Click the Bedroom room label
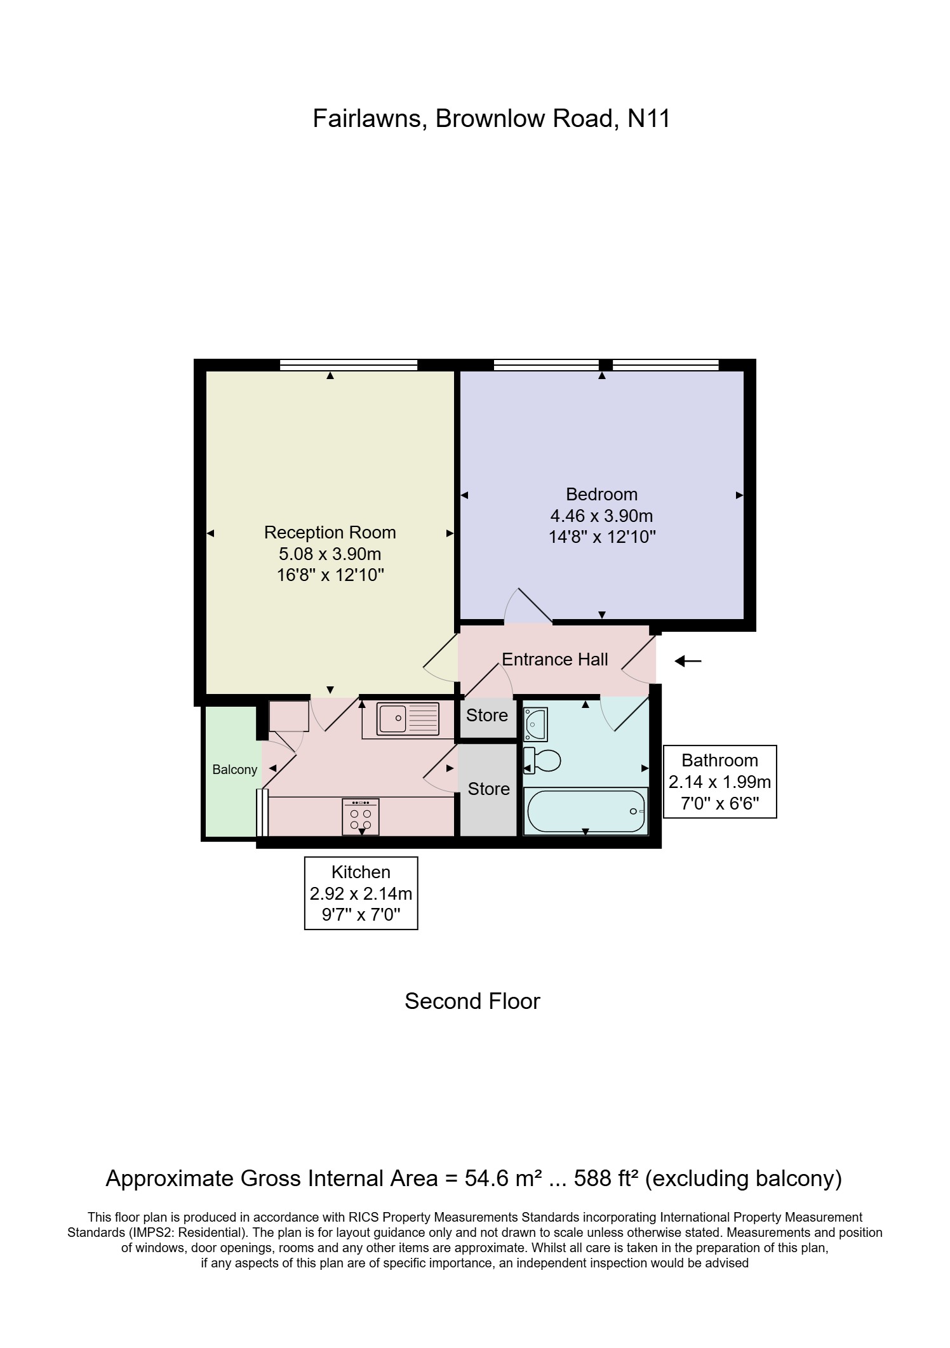pos(601,494)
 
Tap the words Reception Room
pos(330,532)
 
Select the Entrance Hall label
pos(554,660)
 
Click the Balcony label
pos(234,770)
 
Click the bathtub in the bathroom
pos(585,811)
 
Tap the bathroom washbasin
pos(535,724)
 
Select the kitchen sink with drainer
pos(408,719)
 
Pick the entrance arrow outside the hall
pos(688,662)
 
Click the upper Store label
pos(487,716)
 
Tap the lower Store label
pos(488,789)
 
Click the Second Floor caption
pos(472,1001)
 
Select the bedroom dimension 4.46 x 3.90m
pos(601,516)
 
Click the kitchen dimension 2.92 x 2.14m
pos(361,894)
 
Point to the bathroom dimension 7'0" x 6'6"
pos(719,804)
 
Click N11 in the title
pos(648,119)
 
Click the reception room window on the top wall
pos(349,364)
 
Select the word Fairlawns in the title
pos(368,119)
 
